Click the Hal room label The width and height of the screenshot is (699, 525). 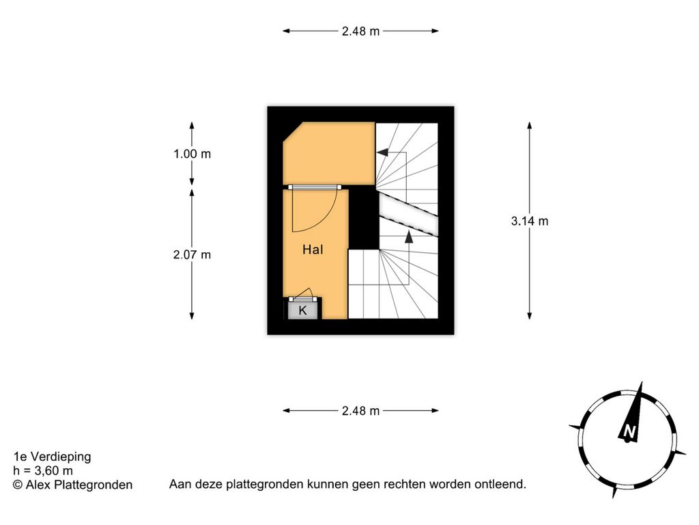click(x=313, y=250)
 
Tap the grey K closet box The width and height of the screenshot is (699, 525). click(x=302, y=310)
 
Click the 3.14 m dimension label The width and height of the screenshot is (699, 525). click(x=530, y=221)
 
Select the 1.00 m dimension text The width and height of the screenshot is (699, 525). click(x=192, y=154)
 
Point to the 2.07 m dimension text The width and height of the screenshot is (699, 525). click(x=192, y=255)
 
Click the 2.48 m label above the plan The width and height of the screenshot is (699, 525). click(x=360, y=31)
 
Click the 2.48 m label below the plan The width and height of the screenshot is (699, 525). click(x=360, y=411)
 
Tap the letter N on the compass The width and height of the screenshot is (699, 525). click(x=629, y=431)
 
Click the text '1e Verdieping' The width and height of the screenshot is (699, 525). click(x=52, y=457)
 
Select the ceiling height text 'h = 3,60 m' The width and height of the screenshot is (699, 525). click(x=43, y=470)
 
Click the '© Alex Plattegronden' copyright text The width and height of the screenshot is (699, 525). click(x=72, y=485)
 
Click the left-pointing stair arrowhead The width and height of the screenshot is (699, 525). click(x=382, y=152)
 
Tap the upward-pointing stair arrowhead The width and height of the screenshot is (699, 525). click(x=409, y=237)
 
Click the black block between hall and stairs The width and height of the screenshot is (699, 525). click(x=364, y=218)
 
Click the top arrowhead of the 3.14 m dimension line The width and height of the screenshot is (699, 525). click(x=530, y=126)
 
